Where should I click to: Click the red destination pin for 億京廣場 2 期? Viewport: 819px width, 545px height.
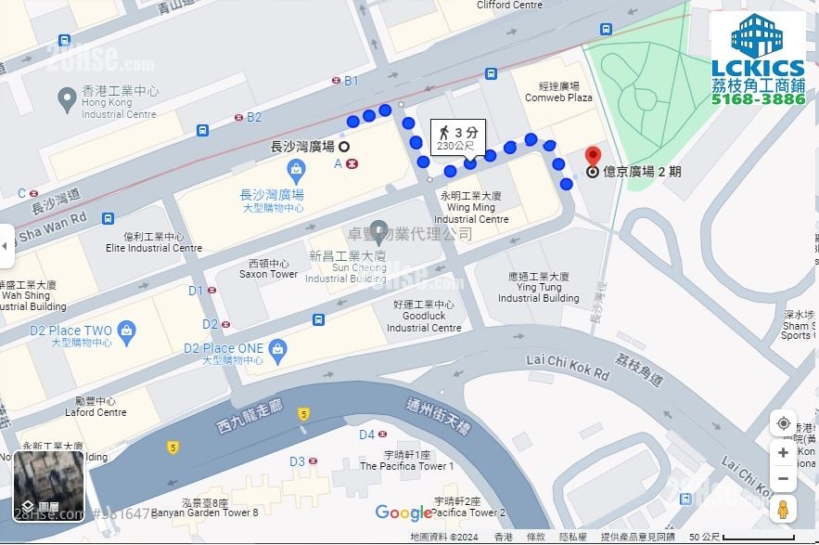click(594, 157)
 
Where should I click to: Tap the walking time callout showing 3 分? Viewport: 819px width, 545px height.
click(458, 137)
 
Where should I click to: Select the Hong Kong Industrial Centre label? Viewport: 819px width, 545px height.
click(119, 102)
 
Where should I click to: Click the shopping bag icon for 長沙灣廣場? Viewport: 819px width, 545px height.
click(296, 170)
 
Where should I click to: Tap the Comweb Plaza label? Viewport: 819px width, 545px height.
click(558, 92)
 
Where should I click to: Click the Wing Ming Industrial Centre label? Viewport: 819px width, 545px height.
click(471, 208)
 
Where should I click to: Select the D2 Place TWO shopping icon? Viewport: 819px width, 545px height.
click(126, 331)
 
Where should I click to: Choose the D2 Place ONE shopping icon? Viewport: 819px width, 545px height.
click(277, 349)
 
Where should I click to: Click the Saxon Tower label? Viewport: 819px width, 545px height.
click(268, 269)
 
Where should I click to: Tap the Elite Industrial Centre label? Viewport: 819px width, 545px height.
click(154, 242)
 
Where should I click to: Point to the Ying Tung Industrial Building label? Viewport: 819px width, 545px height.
click(538, 288)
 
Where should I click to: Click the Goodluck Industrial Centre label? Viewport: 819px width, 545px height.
click(424, 316)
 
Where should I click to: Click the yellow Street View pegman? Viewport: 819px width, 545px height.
click(783, 509)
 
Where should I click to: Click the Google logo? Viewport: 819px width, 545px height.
click(403, 513)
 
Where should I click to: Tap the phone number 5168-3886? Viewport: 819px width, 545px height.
click(758, 98)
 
